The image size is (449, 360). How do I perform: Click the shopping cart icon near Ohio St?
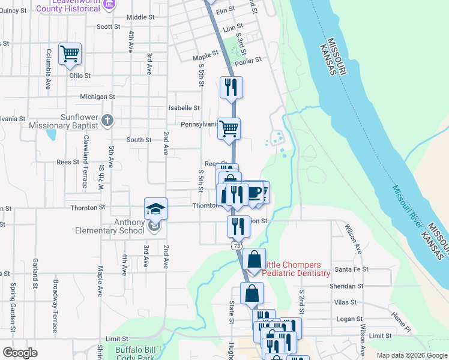tap(70, 53)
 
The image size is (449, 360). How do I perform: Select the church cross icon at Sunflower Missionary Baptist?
tap(107, 119)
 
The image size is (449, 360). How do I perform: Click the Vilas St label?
tap(345, 302)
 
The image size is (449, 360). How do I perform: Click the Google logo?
tap(20, 353)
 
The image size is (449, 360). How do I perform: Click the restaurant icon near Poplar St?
tap(231, 88)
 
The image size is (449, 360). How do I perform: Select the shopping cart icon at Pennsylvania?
tap(229, 128)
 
